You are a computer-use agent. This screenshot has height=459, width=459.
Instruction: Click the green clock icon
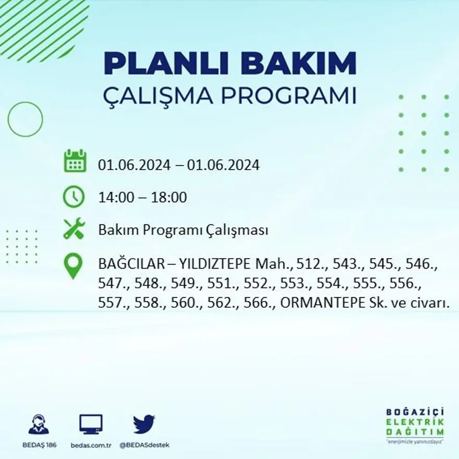pos(74,197)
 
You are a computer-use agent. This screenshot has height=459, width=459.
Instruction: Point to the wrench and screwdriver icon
pos(74,229)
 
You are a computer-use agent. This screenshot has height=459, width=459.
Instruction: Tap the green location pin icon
pos(74,265)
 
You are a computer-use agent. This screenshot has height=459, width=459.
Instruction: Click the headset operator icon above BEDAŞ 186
pos(39,425)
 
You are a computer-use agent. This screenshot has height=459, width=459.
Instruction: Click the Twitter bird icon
pos(144,424)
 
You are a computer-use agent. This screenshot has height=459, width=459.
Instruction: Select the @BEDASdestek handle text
pos(144,445)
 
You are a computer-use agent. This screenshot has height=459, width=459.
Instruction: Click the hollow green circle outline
pos(25,119)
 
